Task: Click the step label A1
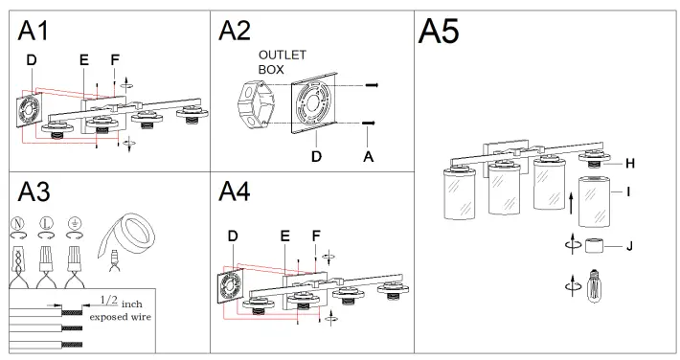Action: point(33,31)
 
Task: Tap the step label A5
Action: point(438,32)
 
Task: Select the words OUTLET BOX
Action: point(283,62)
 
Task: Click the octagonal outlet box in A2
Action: point(256,105)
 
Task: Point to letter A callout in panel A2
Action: point(368,157)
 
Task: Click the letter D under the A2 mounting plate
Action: point(317,157)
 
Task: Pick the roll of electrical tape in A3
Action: point(127,236)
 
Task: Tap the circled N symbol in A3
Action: point(17,224)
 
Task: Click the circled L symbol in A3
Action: point(46,224)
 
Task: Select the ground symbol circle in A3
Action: point(75,224)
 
